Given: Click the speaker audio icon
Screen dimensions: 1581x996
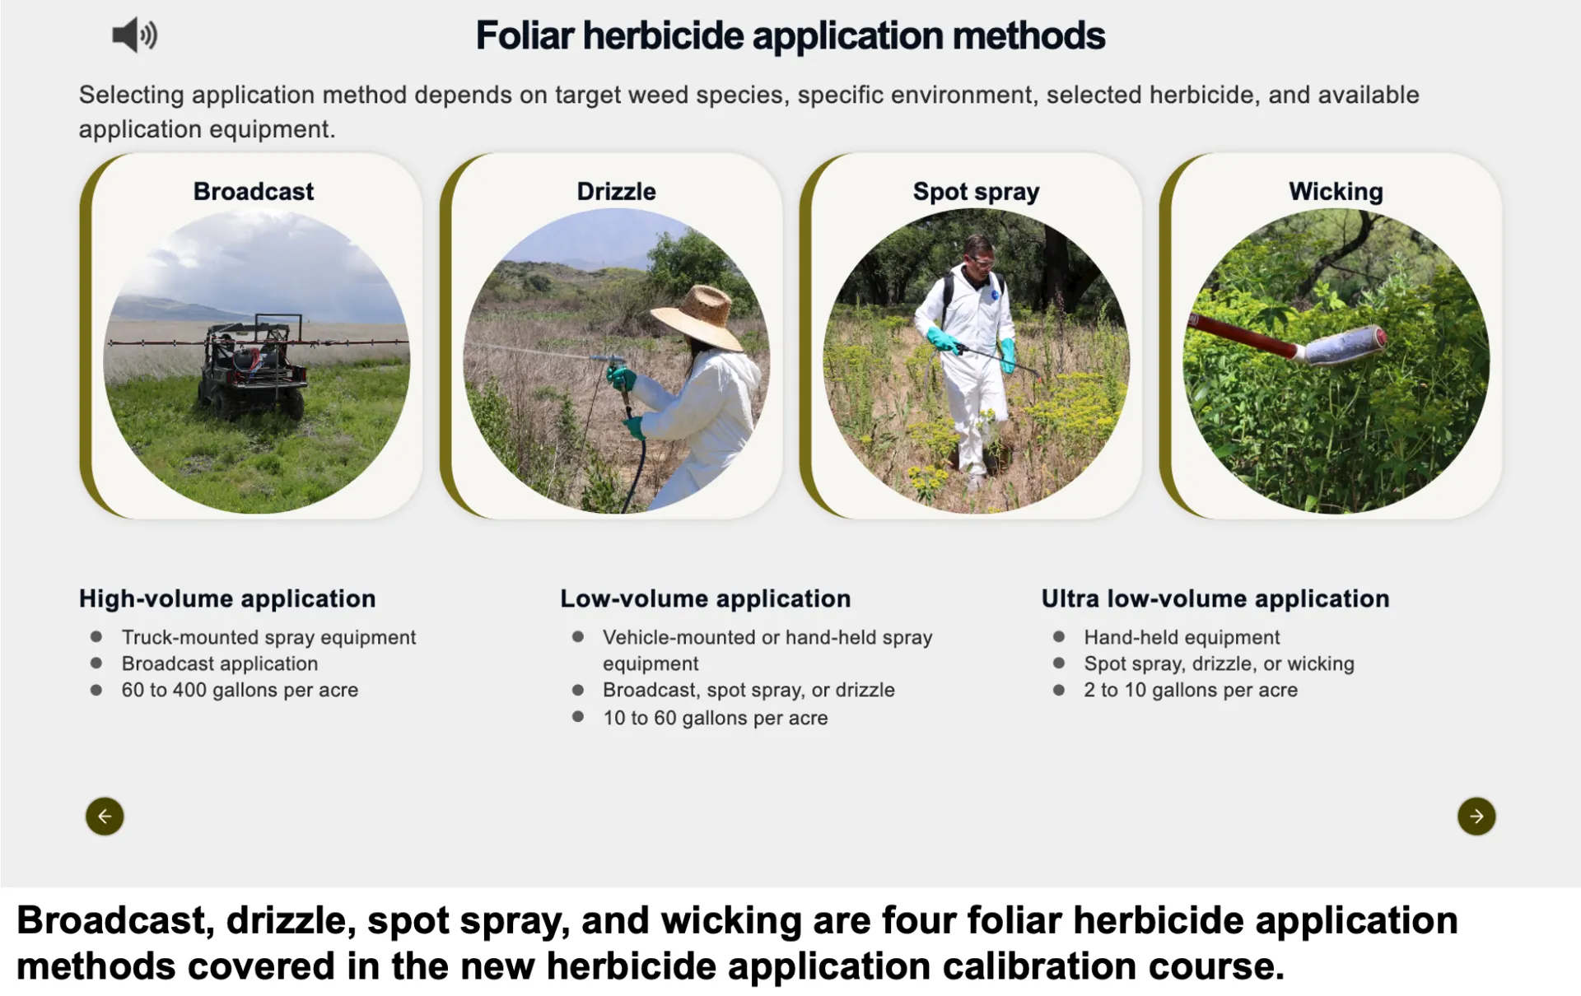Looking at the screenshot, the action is [134, 35].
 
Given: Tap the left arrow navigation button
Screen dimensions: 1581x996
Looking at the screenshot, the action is [105, 816].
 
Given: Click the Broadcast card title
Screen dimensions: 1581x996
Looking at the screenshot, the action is [254, 192].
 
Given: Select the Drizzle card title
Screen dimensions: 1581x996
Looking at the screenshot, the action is [616, 192].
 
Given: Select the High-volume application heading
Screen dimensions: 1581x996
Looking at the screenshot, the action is [227, 598].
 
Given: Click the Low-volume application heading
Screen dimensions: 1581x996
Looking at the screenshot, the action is [705, 598].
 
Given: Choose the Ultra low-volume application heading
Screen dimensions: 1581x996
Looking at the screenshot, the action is [1215, 598].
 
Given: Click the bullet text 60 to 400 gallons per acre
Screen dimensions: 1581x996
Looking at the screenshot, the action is [240, 690].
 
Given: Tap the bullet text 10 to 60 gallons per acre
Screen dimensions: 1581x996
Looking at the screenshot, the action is [715, 718].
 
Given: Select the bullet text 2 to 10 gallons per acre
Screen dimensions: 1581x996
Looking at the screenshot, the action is [1191, 690].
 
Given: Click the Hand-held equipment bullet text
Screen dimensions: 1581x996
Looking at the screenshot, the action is [1182, 637].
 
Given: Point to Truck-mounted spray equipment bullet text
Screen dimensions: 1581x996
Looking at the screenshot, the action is [268, 637].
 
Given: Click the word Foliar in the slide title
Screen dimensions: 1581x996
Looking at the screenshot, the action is [525, 35].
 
